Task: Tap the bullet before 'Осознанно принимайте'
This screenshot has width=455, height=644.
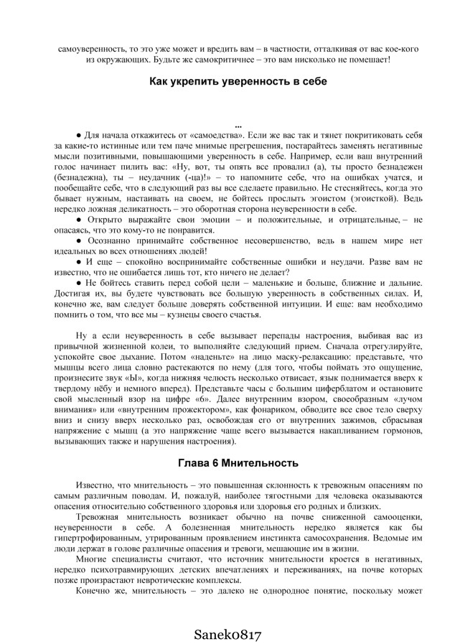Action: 79,241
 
